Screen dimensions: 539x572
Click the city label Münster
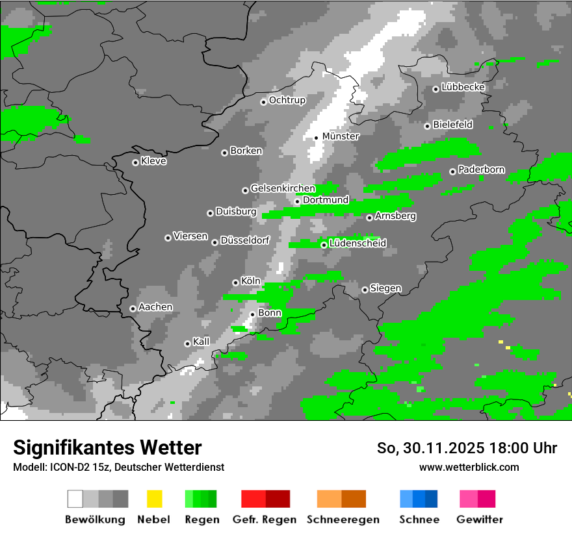coord(341,136)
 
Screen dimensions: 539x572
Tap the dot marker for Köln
coord(235,282)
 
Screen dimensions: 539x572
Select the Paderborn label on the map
coord(481,170)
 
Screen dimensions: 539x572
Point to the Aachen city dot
coord(133,308)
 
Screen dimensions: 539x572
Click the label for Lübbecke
coord(463,87)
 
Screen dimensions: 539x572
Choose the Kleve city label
coord(153,161)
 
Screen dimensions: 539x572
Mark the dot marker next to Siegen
coord(365,290)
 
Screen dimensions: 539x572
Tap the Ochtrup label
coord(287,100)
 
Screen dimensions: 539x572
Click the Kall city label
coord(201,342)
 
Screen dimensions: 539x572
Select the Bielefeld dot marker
coord(427,126)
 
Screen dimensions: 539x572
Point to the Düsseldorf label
coord(245,240)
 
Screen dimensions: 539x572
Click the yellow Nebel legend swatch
coord(154,499)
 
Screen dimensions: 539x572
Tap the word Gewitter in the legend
coord(480,520)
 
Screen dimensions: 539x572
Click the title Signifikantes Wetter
coord(107,447)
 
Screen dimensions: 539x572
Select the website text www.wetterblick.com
coord(469,467)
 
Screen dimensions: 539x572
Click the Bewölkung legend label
coord(95,520)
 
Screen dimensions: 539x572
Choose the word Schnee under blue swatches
coord(419,520)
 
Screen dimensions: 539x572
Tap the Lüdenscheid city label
coord(357,244)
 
